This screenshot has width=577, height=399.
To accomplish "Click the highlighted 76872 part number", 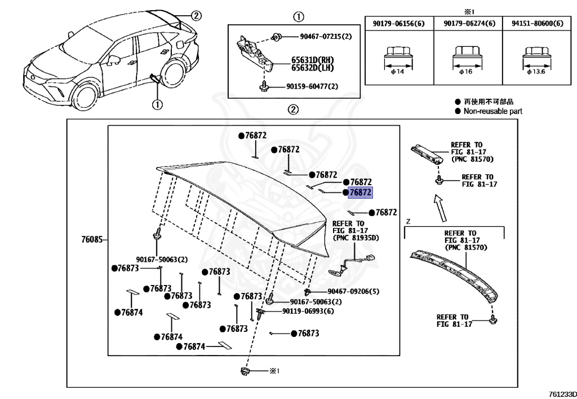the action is click(360, 192).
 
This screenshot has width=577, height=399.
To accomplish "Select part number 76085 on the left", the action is click(92, 239).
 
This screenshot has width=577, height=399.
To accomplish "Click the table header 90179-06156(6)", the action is click(398, 24).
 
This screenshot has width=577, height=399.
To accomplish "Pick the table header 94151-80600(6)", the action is click(537, 24).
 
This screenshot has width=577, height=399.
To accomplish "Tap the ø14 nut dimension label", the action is click(397, 72).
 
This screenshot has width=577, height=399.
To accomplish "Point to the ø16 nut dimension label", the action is click(466, 72).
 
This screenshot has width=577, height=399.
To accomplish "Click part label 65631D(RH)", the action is click(312, 60).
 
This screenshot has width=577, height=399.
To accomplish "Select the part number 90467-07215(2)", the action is click(326, 37).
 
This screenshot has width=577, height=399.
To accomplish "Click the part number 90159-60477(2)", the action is click(312, 86).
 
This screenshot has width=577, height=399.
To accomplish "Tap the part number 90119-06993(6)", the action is click(308, 312).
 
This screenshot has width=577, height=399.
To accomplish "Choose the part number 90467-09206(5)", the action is click(353, 291).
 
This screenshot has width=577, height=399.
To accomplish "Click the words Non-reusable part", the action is click(492, 111).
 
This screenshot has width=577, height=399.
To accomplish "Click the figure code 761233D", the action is click(563, 394).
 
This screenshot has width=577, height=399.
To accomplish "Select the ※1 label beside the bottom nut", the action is click(274, 371).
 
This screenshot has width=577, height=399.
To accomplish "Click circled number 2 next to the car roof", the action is click(196, 16).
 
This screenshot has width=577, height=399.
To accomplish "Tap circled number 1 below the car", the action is click(157, 104).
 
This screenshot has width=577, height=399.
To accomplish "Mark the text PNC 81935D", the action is click(357, 238).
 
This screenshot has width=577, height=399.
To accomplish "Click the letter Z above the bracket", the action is click(408, 222).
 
